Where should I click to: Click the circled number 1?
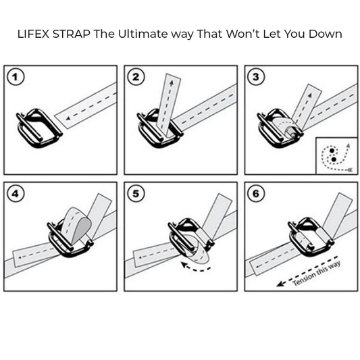16,77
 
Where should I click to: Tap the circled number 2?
136,77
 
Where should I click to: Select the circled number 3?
256,77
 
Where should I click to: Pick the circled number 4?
16,194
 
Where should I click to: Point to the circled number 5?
136,194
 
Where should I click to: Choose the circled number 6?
256,194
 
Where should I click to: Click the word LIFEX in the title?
33,34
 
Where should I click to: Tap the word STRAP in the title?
72,34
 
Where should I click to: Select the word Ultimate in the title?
143,34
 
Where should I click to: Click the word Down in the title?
325,34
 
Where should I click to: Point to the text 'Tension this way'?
316,274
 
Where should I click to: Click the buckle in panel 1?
39,128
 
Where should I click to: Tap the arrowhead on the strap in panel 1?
68,118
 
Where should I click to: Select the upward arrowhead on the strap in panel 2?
172,82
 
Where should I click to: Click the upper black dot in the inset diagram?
332,151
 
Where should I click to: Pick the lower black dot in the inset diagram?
334,159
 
